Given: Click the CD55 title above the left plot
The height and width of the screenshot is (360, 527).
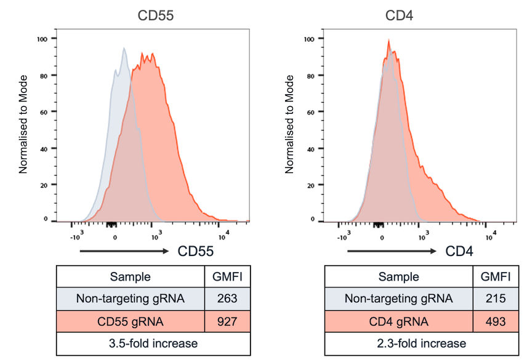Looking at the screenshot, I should coord(155,15).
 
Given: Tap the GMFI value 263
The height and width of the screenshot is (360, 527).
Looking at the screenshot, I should coord(227,299).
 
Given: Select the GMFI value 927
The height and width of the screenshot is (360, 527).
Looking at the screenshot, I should coord(227,321).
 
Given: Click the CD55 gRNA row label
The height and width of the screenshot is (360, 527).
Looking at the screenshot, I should coord(130,321).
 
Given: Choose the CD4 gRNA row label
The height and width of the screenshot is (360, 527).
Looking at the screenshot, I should coord(398,321).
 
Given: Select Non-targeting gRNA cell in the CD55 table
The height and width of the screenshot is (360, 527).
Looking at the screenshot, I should coord(130,299).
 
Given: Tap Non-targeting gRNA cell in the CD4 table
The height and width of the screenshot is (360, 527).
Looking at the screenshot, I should coord(398,299).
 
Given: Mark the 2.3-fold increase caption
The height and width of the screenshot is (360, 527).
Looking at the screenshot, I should coord(422,343).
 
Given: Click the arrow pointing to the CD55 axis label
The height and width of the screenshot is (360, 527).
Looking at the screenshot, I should coord(123,251).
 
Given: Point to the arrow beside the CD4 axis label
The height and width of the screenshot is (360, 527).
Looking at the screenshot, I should coord(392,251).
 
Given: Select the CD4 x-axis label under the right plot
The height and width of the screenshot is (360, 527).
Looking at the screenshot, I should coord(460,251).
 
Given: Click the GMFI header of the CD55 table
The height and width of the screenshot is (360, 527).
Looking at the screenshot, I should coord(227,277).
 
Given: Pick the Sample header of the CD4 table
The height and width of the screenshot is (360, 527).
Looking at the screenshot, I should coord(398,277).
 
